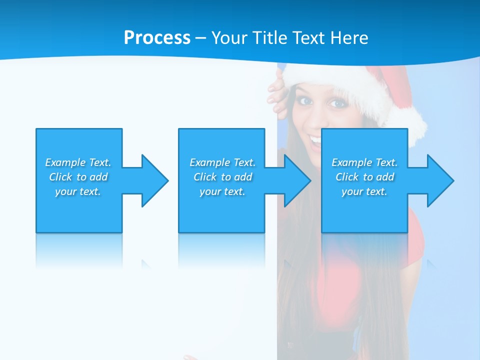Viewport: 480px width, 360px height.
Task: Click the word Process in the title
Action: coord(157,38)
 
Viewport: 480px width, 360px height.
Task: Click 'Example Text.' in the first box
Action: coord(78,162)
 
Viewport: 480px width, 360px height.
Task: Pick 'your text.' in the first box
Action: coord(78,191)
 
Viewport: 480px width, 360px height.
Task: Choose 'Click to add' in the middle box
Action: coord(222,177)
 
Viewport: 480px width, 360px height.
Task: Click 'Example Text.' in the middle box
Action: coord(222,162)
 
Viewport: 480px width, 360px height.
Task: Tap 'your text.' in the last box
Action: coord(364,191)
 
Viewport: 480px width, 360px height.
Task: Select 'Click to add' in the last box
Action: coord(364,177)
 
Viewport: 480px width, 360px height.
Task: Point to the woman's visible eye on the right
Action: coord(338,103)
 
